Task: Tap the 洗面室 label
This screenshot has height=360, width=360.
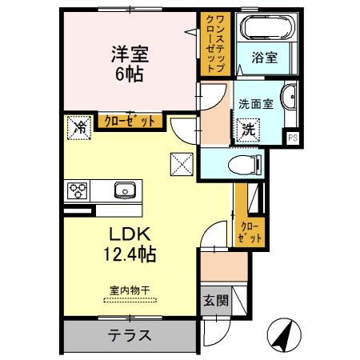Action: click(255, 103)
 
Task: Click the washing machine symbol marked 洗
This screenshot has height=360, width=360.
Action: click(249, 128)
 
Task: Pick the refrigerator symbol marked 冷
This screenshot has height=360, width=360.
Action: click(79, 126)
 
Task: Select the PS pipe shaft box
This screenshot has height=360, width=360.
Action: click(293, 137)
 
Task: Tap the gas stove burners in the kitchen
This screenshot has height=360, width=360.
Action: click(78, 190)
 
